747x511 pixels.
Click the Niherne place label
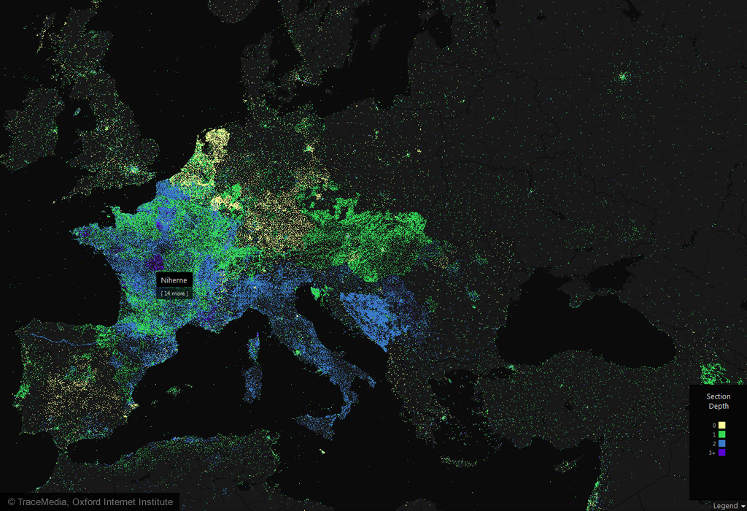click(x=174, y=280)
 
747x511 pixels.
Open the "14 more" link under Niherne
click(x=174, y=293)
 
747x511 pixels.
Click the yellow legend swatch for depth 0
click(x=721, y=425)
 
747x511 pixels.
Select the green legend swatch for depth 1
click(x=721, y=434)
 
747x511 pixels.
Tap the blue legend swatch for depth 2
click(x=721, y=443)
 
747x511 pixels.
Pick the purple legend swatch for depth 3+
click(x=721, y=453)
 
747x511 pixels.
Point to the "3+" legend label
click(x=712, y=453)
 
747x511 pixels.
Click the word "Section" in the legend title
click(x=718, y=397)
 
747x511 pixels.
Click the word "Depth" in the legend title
click(x=718, y=406)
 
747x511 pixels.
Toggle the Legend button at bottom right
click(x=725, y=505)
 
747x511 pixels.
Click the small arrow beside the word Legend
click(x=743, y=506)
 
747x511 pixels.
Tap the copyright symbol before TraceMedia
click(x=11, y=502)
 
